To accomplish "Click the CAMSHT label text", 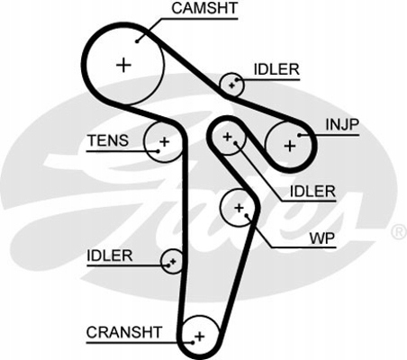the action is pos(204,8).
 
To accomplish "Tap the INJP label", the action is pos(342,124).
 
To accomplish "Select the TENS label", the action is pos(108,140).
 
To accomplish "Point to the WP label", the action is pos(322,238).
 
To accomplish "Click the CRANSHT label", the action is pos(124,332).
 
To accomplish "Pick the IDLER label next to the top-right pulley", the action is pos(276,69).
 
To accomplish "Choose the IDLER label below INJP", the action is pos(312,192).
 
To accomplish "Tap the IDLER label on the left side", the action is pos(110,256).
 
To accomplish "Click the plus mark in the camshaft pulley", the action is pos(123,65).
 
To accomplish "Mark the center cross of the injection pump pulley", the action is pos(290,146).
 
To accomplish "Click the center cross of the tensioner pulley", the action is pos(164,141).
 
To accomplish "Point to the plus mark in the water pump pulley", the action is pos(239,208).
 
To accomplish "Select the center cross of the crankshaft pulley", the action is pos(200,337).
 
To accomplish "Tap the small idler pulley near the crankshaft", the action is pos(172,261).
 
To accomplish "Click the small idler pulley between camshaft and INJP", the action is pos(231,85).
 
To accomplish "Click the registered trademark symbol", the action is pos(399,232).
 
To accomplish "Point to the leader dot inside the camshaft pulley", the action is pos(137,41).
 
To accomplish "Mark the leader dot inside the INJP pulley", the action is pos(299,136).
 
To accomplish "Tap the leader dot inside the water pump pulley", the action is pos(246,215).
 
